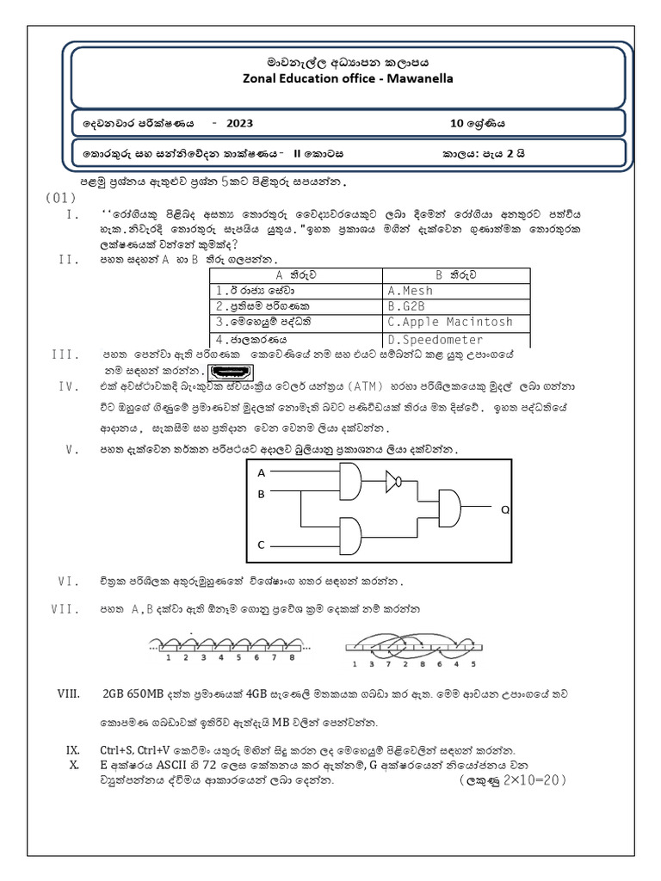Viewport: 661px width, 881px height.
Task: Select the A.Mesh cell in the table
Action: coord(411,291)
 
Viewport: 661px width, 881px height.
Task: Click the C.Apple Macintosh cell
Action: coord(449,322)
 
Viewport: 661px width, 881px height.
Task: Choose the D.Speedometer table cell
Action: coord(435,339)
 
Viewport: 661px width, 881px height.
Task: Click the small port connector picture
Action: coord(232,372)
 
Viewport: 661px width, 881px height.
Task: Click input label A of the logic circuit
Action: coord(262,473)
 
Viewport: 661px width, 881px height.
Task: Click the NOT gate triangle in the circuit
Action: coord(393,481)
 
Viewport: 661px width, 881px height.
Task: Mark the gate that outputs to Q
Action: coord(449,508)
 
